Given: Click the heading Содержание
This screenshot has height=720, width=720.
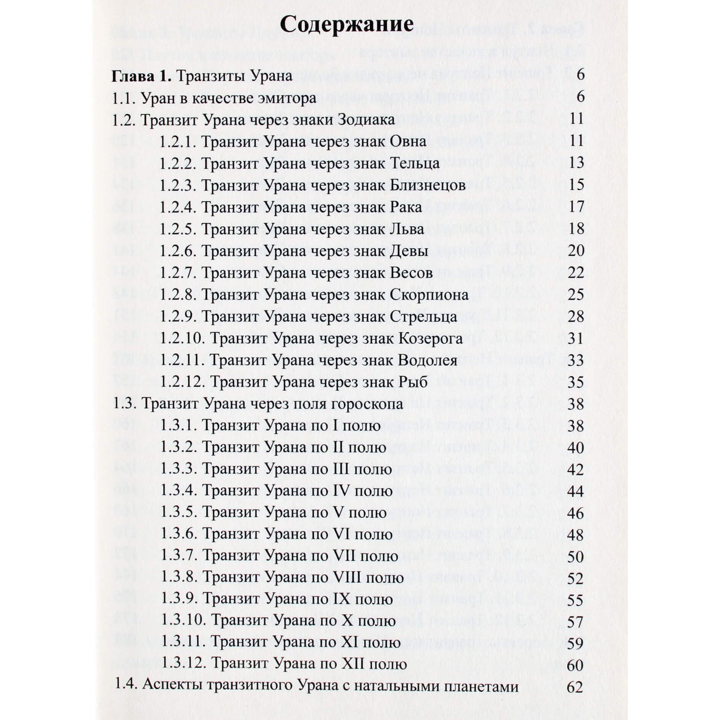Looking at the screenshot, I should pyautogui.click(x=346, y=24).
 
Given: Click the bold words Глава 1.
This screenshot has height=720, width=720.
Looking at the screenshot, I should pyautogui.click(x=142, y=76).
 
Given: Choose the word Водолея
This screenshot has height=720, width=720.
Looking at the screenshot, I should pyautogui.click(x=428, y=361).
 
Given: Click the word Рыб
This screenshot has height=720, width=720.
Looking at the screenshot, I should pyautogui.click(x=414, y=383).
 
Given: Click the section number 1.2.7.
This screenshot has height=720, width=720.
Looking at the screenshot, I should pyautogui.click(x=178, y=273).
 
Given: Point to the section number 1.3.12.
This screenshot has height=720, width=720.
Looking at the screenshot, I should pyautogui.click(x=183, y=664).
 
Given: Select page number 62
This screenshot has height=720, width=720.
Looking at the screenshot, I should pyautogui.click(x=575, y=687).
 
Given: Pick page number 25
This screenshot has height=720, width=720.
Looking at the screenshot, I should pyautogui.click(x=576, y=295).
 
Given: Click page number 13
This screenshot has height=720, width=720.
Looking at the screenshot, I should pyautogui.click(x=576, y=163).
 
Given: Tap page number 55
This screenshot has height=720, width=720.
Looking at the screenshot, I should pyautogui.click(x=576, y=600).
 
